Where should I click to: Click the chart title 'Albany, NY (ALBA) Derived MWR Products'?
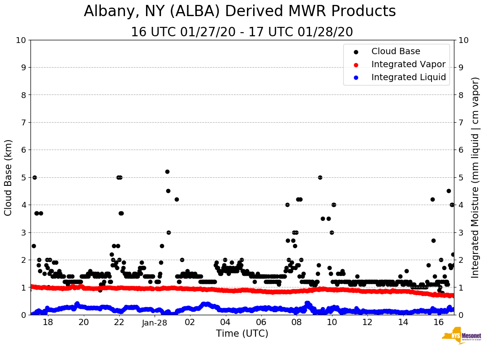click(240, 12)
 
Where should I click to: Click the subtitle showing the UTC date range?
click(242, 32)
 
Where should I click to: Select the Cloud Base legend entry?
click(396, 51)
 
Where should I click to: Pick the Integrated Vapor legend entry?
click(408, 64)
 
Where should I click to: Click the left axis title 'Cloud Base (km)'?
click(9, 177)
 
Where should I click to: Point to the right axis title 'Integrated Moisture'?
click(475, 177)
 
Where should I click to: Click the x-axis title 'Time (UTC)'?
click(242, 334)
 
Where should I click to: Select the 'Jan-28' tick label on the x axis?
click(155, 322)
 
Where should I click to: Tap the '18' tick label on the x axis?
click(48, 322)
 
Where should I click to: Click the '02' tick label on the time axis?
click(190, 322)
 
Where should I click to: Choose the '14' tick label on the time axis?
click(403, 322)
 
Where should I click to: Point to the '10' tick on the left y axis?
click(21, 40)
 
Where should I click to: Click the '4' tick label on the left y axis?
click(23, 205)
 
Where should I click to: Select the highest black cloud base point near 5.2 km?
click(167, 171)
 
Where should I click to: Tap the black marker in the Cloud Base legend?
click(355, 51)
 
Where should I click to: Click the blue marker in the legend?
click(355, 77)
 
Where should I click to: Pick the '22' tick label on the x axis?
click(119, 322)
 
